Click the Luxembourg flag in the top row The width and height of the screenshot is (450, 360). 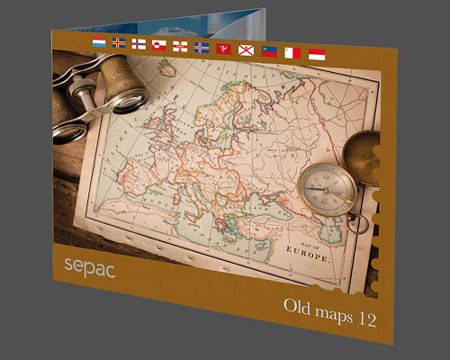tap(99, 42)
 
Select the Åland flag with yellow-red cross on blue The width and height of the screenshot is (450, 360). tap(119, 43)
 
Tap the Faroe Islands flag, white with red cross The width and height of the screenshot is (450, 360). tap(139, 43)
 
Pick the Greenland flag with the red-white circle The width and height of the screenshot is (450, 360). tap(159, 44)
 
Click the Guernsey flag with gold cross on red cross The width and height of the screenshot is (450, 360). tap(180, 46)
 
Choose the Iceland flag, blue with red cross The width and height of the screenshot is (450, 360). tap(201, 47)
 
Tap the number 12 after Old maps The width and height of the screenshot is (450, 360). tap(364, 318)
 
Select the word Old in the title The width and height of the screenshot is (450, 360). tap(298, 308)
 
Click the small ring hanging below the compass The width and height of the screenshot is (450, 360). tap(358, 222)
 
